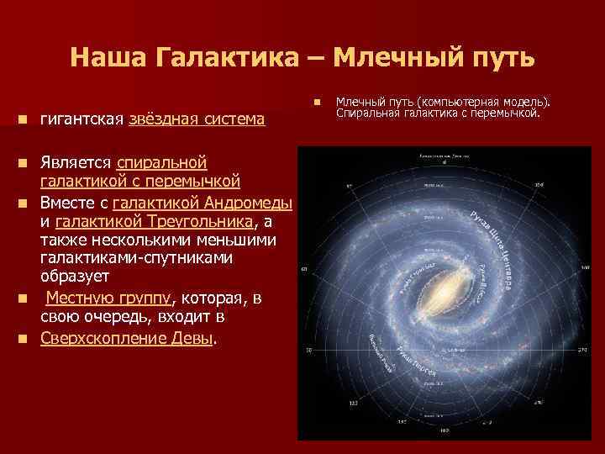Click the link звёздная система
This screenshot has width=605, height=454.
[197, 120]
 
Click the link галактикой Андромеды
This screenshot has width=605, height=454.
[202, 203]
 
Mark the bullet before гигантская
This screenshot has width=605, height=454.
[29, 121]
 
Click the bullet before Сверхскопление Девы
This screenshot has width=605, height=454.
[29, 339]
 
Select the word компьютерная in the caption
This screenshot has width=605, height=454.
[466, 102]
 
